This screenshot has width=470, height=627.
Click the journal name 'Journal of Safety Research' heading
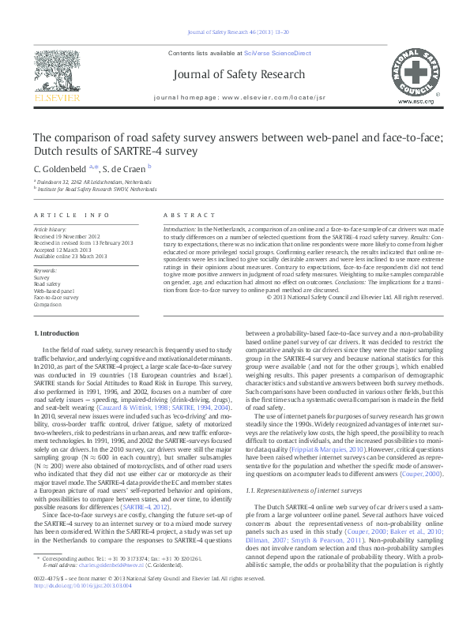235,76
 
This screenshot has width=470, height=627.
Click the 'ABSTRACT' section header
185,215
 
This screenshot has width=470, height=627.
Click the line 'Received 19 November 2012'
66,235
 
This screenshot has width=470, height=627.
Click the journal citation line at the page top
235,32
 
